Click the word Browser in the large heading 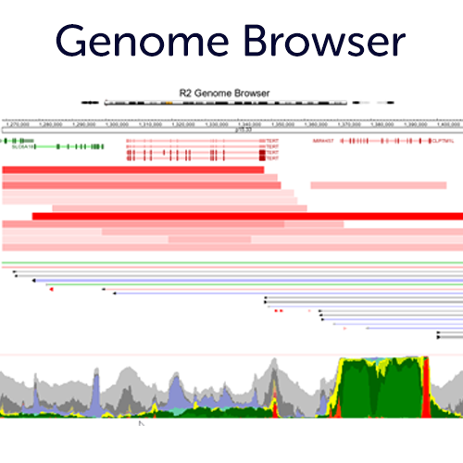326,42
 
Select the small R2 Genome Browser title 224,94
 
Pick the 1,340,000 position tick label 249,122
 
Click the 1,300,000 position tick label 117,122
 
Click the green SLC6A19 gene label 24,146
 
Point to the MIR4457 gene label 322,142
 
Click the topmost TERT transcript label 271,141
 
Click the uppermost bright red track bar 133,169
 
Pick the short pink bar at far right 384,185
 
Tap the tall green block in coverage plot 380,389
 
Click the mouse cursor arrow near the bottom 142,424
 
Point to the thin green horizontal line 231,264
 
